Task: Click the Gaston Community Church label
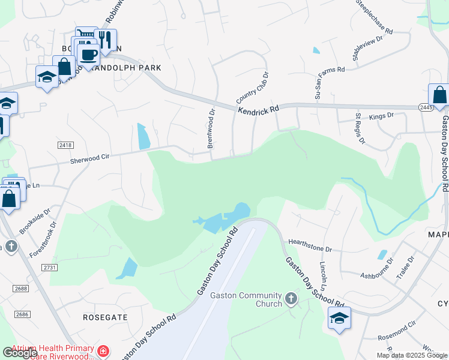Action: (246, 299)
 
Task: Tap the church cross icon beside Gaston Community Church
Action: (291, 298)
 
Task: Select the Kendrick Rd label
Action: (259, 110)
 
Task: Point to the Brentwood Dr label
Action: (211, 128)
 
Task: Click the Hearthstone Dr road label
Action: (310, 245)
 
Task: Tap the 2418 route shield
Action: (65, 145)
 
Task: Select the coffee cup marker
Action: (89, 55)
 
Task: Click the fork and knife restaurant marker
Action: (106, 40)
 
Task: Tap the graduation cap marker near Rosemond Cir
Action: (339, 318)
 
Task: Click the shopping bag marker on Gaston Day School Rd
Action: (439, 95)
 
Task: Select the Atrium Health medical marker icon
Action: (104, 350)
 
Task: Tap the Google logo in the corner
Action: (20, 353)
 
